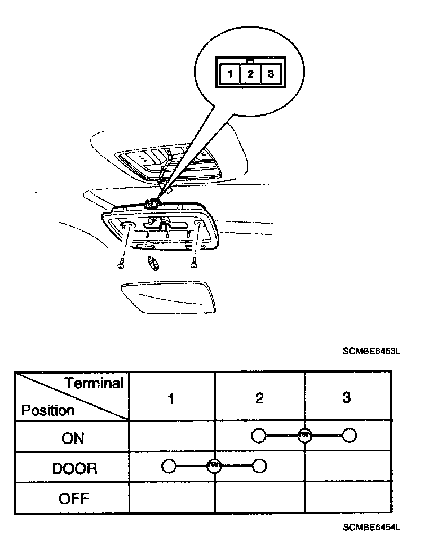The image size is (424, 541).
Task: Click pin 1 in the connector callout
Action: click(231, 74)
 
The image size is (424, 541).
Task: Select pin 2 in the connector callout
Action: click(251, 74)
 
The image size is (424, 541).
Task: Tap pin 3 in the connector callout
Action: click(271, 74)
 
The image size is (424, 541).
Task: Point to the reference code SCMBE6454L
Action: click(371, 527)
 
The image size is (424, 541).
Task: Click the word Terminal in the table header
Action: click(94, 384)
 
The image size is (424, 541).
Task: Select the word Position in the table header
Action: click(48, 410)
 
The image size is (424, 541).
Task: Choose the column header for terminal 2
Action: click(259, 398)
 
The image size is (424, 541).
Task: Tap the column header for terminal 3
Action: click(347, 398)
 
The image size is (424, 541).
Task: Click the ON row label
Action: click(73, 438)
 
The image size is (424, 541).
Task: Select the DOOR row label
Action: click(74, 468)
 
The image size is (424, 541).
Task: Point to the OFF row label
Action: click(74, 498)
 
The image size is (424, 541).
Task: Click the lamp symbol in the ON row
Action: click(304, 436)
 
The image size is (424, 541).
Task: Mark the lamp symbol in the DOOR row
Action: click(214, 466)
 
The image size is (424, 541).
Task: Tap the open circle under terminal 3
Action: click(350, 436)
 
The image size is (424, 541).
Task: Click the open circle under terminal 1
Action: click(169, 466)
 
